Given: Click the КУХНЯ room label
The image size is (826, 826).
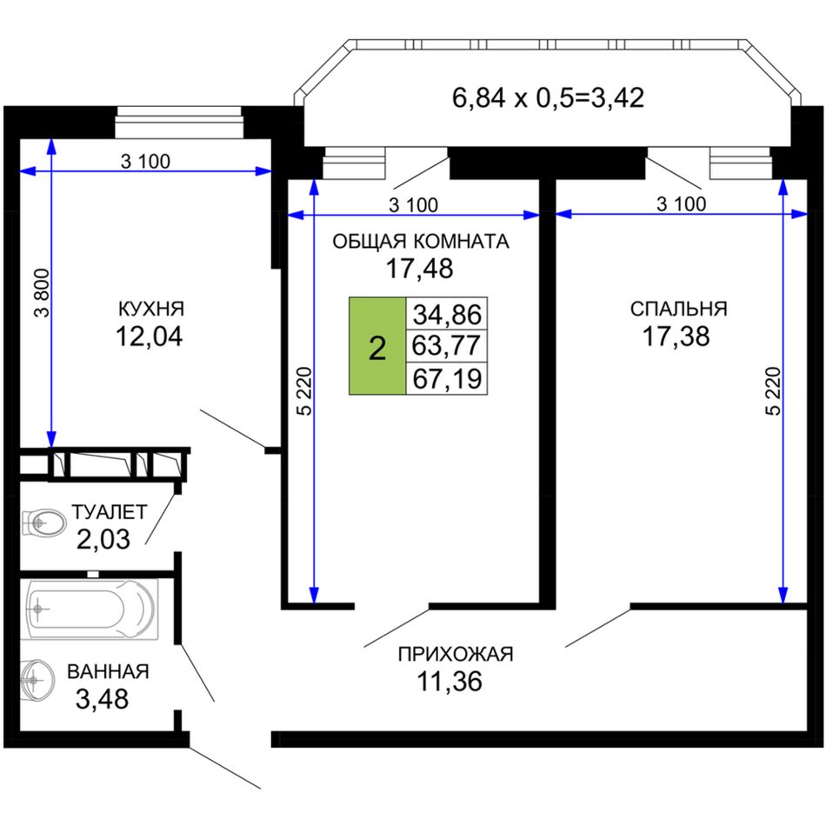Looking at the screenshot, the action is click(x=151, y=309).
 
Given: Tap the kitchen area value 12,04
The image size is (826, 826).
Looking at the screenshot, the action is click(x=149, y=336).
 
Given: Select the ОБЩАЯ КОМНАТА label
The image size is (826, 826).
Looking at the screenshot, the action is click(x=420, y=241).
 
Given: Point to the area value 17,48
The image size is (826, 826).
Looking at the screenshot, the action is click(x=419, y=269).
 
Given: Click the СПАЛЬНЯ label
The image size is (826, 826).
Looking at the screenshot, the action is click(x=678, y=309).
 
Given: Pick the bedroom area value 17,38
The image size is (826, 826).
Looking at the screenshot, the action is click(x=676, y=336).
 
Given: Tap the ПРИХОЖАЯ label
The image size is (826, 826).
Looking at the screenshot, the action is click(x=455, y=654).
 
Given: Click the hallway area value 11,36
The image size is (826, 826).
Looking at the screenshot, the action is click(x=450, y=681).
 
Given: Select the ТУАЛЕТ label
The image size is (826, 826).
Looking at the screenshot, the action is click(x=110, y=512).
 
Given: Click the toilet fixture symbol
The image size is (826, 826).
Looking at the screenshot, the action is click(x=43, y=523).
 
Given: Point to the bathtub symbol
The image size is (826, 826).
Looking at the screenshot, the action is click(x=89, y=610).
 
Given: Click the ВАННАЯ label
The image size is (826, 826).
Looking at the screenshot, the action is click(x=108, y=671).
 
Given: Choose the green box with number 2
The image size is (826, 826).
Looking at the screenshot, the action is click(x=377, y=346).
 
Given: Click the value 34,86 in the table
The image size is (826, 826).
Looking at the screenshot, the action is click(x=447, y=315).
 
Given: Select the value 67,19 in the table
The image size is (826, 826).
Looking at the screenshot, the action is click(x=447, y=379).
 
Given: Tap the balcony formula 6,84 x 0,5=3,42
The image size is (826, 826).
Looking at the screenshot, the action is click(x=548, y=98).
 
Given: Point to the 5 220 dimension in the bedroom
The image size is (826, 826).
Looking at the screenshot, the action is click(x=773, y=391).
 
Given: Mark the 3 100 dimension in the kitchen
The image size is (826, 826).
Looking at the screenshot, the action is click(x=145, y=161).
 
